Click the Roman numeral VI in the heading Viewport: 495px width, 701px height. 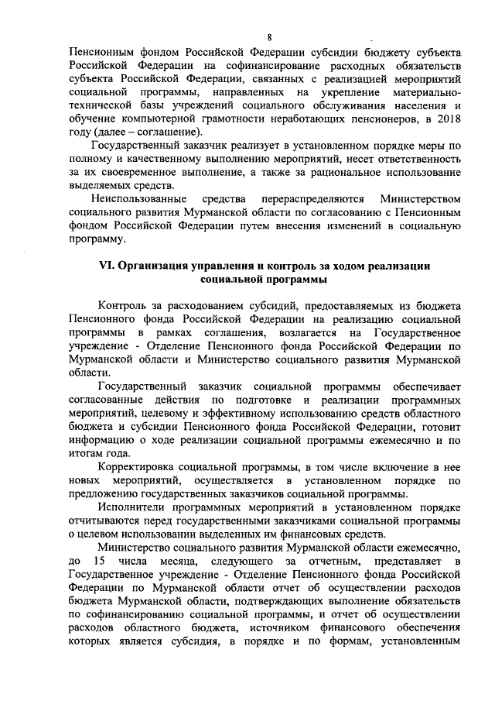pyautogui.click(x=108, y=265)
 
